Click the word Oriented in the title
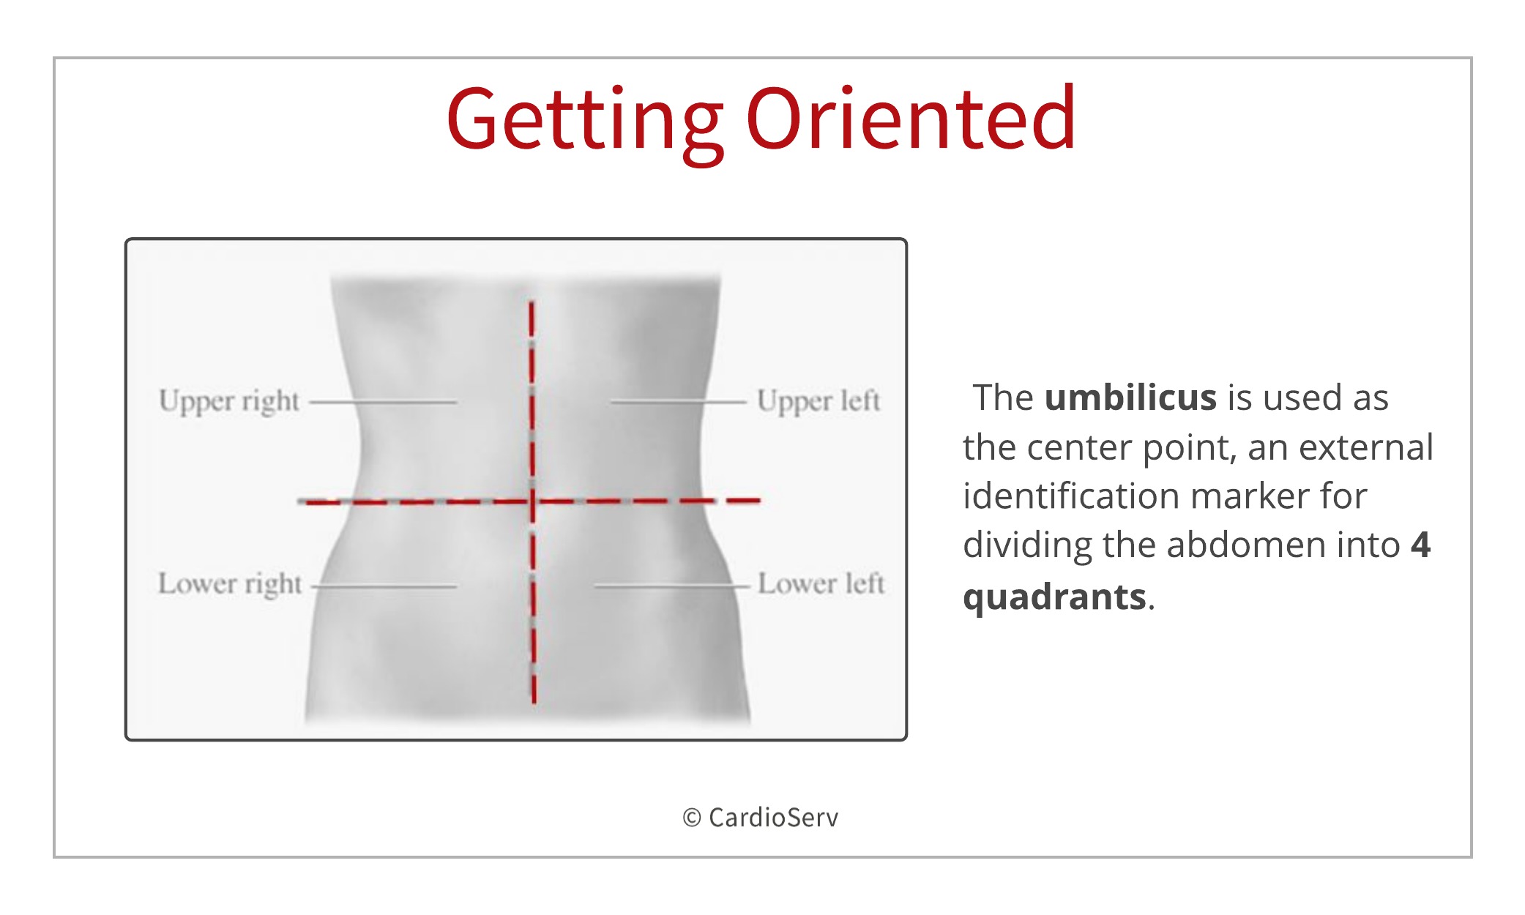[911, 117]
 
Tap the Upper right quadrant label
[229, 402]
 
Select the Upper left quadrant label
[819, 401]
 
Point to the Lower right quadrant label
[230, 585]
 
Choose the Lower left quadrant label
[821, 583]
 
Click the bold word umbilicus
[1130, 397]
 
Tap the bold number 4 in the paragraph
[1421, 545]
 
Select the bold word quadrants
[1054, 597]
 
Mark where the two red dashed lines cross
[532, 501]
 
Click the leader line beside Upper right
[382, 402]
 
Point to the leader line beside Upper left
[679, 402]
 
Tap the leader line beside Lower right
[384, 586]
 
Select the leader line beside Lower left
[672, 586]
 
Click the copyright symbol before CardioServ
[692, 818]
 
